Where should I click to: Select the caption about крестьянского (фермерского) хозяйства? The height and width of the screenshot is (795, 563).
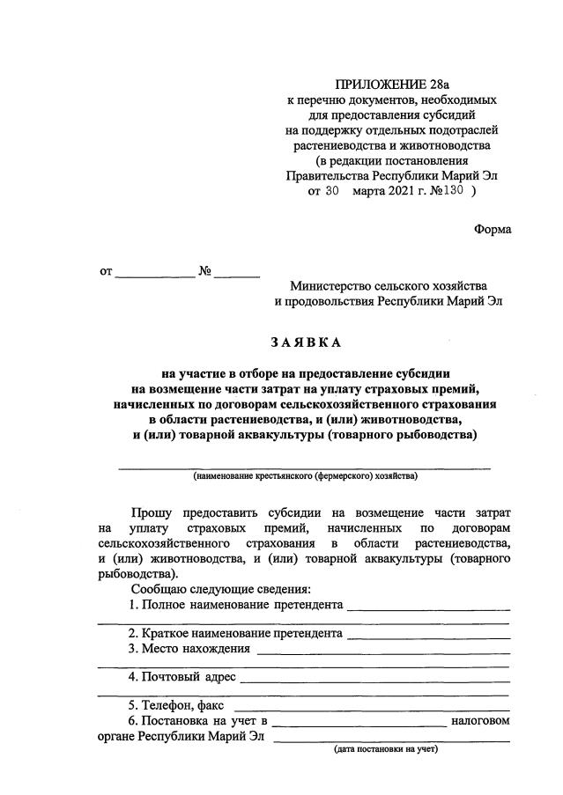(305, 476)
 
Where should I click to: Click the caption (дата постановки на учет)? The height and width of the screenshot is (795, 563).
(385, 750)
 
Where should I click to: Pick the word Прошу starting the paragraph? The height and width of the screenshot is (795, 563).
(152, 512)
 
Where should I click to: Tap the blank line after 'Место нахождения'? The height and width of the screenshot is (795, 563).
(382, 651)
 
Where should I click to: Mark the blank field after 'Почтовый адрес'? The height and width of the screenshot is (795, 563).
(374, 678)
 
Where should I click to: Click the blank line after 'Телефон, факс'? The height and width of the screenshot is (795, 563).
(371, 706)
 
